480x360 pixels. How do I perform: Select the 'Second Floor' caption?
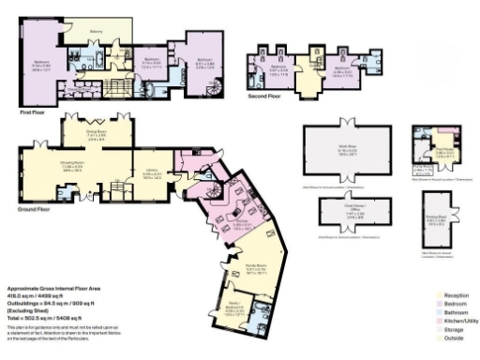266,95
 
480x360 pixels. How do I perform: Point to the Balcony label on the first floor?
95,31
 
